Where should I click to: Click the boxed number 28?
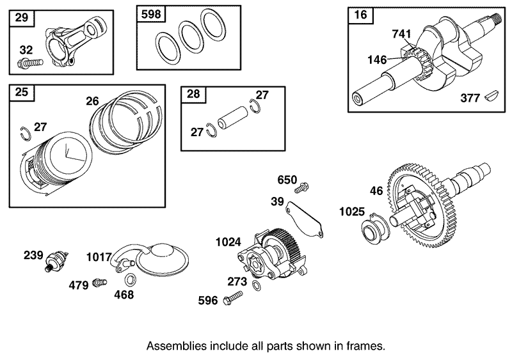[x=193, y=95]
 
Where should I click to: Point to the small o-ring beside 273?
[x=257, y=285]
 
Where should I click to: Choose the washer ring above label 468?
[x=130, y=279]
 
